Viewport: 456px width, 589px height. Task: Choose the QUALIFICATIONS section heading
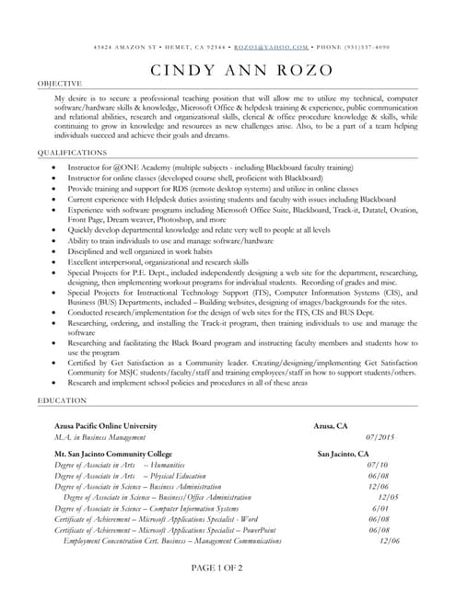[x=72, y=152]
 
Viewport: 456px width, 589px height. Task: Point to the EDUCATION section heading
[x=62, y=401]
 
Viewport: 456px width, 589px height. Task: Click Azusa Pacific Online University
[x=106, y=426]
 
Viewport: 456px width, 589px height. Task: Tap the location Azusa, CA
[x=331, y=426]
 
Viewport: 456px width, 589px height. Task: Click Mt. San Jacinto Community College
[x=113, y=455]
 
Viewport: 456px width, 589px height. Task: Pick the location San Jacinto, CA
[x=343, y=455]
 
